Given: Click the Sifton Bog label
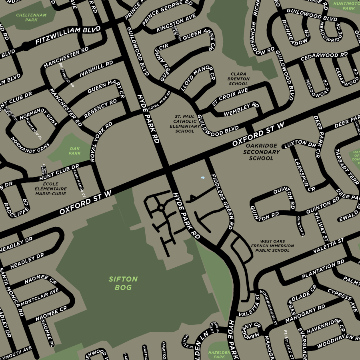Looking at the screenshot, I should point(123,283).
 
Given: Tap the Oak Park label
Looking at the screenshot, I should point(74,151).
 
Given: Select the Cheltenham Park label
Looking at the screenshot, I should point(31,17).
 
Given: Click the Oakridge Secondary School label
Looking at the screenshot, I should point(261,152).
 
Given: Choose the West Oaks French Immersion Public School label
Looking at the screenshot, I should point(272,246).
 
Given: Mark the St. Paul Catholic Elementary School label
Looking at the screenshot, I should point(184,124).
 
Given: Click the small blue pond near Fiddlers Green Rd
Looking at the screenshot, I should point(202,177).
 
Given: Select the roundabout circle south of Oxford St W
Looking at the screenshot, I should point(161,208).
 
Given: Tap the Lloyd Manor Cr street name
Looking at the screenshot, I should point(198,79).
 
